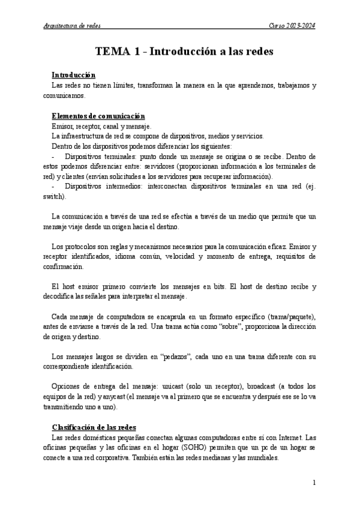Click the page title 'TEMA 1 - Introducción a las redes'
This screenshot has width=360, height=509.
click(184, 52)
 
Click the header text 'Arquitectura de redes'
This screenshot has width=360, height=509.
click(73, 26)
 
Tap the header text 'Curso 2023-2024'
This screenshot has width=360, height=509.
click(292, 26)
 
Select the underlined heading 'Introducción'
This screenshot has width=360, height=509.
click(74, 75)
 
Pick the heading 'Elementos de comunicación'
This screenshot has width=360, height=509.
click(98, 116)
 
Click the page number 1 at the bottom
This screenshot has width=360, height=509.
click(315, 482)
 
